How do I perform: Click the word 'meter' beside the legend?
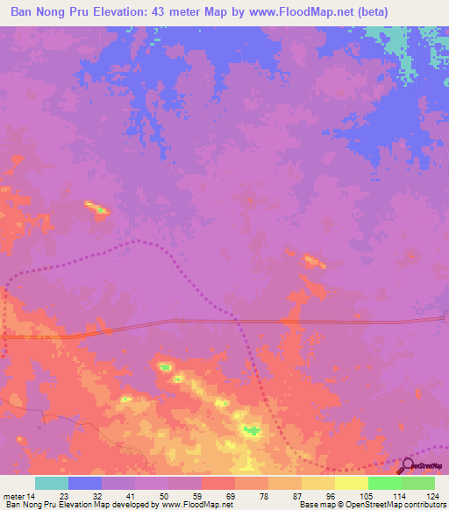point(12,495)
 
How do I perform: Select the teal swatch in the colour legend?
point(52,483)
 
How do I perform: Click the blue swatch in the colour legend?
point(85,483)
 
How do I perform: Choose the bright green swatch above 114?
point(384,483)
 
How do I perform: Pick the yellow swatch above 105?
point(352,483)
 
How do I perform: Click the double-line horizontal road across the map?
point(263,322)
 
